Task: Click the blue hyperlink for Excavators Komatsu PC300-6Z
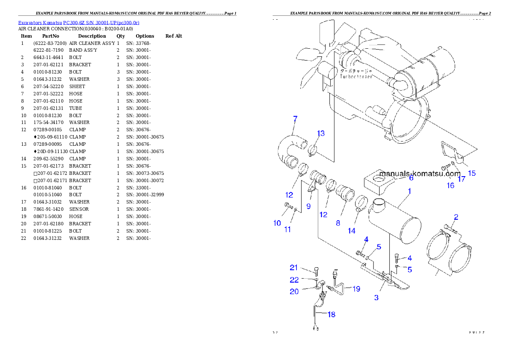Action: coord(78,22)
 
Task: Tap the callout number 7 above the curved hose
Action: coord(295,118)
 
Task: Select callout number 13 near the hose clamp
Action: coord(321,133)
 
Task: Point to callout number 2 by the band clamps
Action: coord(456,217)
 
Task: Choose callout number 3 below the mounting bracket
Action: coord(376,298)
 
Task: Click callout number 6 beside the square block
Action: coord(411,178)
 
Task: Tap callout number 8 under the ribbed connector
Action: coord(338,223)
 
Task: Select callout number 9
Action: coord(308,206)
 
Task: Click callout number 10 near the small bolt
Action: coord(277,223)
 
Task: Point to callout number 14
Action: coord(351,231)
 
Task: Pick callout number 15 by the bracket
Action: coord(472,173)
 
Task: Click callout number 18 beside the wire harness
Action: coord(331,315)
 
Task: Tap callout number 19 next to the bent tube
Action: coord(356,289)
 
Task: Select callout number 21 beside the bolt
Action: coord(293,268)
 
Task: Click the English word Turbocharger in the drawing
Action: coord(356,77)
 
